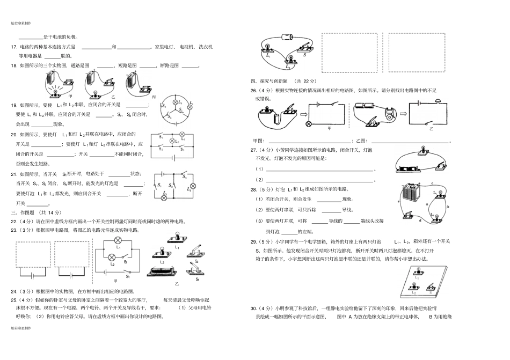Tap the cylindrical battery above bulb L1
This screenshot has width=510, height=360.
tap(287, 38)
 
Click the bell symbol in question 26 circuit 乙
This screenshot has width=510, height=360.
tap(438, 101)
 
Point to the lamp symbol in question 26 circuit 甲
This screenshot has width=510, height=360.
tap(309, 123)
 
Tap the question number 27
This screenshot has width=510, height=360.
tap(254, 150)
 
